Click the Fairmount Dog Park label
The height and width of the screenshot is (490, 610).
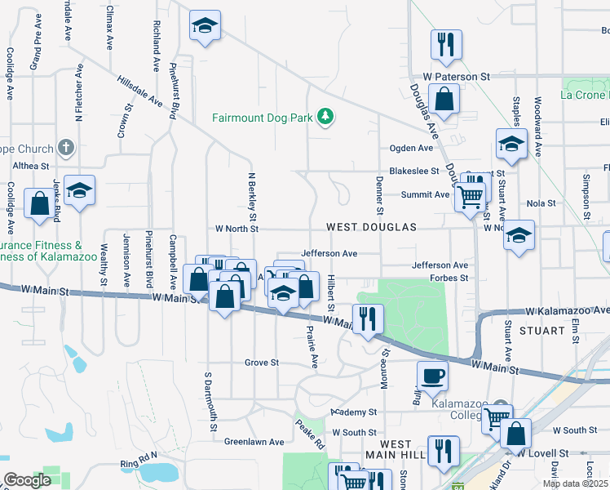pyautogui.click(x=263, y=118)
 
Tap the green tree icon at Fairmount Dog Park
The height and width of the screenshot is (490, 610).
pyautogui.click(x=326, y=118)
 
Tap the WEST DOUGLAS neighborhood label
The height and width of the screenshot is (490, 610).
pyautogui.click(x=371, y=227)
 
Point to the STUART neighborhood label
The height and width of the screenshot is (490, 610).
pyautogui.click(x=541, y=331)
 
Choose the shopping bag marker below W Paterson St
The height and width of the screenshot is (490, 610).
pyautogui.click(x=444, y=100)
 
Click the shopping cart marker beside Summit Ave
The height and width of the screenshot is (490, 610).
pyautogui.click(x=469, y=196)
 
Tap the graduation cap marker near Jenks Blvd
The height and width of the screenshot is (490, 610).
pyautogui.click(x=80, y=190)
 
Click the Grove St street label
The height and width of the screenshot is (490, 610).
pyautogui.click(x=262, y=363)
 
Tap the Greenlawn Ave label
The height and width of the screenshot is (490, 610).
pyautogui.click(x=254, y=442)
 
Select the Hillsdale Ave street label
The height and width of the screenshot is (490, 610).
pyautogui.click(x=140, y=91)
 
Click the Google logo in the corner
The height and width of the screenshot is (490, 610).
pyautogui.click(x=27, y=480)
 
